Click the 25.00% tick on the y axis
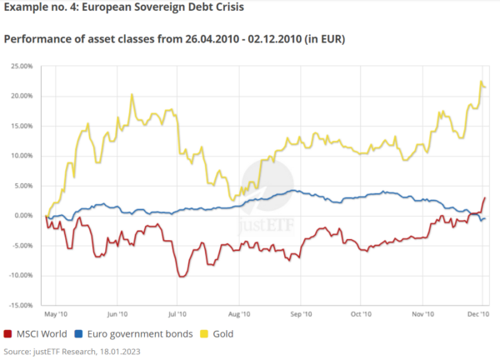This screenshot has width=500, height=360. (19, 65)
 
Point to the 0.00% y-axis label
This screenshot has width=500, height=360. (21, 215)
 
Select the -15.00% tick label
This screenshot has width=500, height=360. (18, 305)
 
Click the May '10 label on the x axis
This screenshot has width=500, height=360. (56, 314)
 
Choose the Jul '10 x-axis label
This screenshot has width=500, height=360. (176, 314)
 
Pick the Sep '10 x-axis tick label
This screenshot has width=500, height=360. (300, 314)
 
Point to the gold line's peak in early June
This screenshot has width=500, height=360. (132, 95)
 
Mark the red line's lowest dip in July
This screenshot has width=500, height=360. (179, 276)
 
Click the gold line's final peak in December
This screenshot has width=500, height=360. (481, 82)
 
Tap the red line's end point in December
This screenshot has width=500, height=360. (485, 198)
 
